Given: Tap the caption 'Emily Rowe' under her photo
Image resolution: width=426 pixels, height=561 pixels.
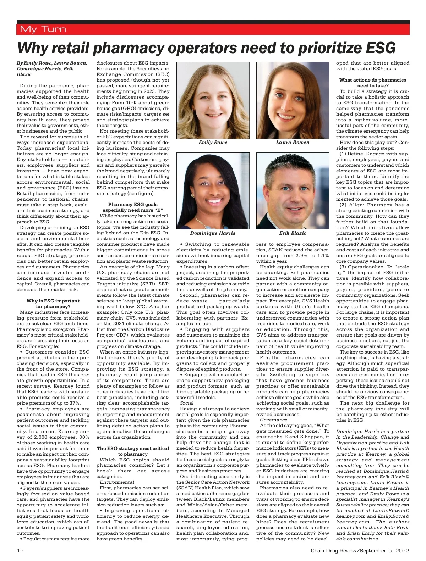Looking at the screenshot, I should tap(213, 143).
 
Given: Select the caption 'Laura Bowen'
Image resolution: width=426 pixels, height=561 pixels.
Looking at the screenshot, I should tap(293, 143).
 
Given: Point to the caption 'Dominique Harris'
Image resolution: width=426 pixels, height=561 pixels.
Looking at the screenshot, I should tap(213, 233).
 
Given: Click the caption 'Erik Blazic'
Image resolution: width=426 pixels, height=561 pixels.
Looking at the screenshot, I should tap(293, 233).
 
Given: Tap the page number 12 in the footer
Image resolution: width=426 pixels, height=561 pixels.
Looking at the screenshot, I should tap(20, 551).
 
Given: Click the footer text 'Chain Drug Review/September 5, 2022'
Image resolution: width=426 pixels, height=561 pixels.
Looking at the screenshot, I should tap(360, 551).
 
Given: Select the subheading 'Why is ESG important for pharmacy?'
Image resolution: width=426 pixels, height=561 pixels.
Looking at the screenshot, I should tap(53, 304).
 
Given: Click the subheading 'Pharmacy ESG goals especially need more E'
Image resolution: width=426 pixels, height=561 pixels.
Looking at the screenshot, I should tap(133, 207).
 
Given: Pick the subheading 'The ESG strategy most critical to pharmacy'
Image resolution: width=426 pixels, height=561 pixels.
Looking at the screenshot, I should tap(133, 451).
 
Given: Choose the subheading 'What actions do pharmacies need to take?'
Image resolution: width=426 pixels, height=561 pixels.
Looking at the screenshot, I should tap(373, 83).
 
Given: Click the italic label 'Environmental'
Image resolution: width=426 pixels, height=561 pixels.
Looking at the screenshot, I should tap(117, 482).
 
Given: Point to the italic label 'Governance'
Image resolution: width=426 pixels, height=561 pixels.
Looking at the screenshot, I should tap(273, 420).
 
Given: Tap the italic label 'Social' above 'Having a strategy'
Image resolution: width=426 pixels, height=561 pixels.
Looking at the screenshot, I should tap(187, 403).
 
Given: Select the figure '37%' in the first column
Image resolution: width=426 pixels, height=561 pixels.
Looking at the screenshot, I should tap(75, 403).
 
